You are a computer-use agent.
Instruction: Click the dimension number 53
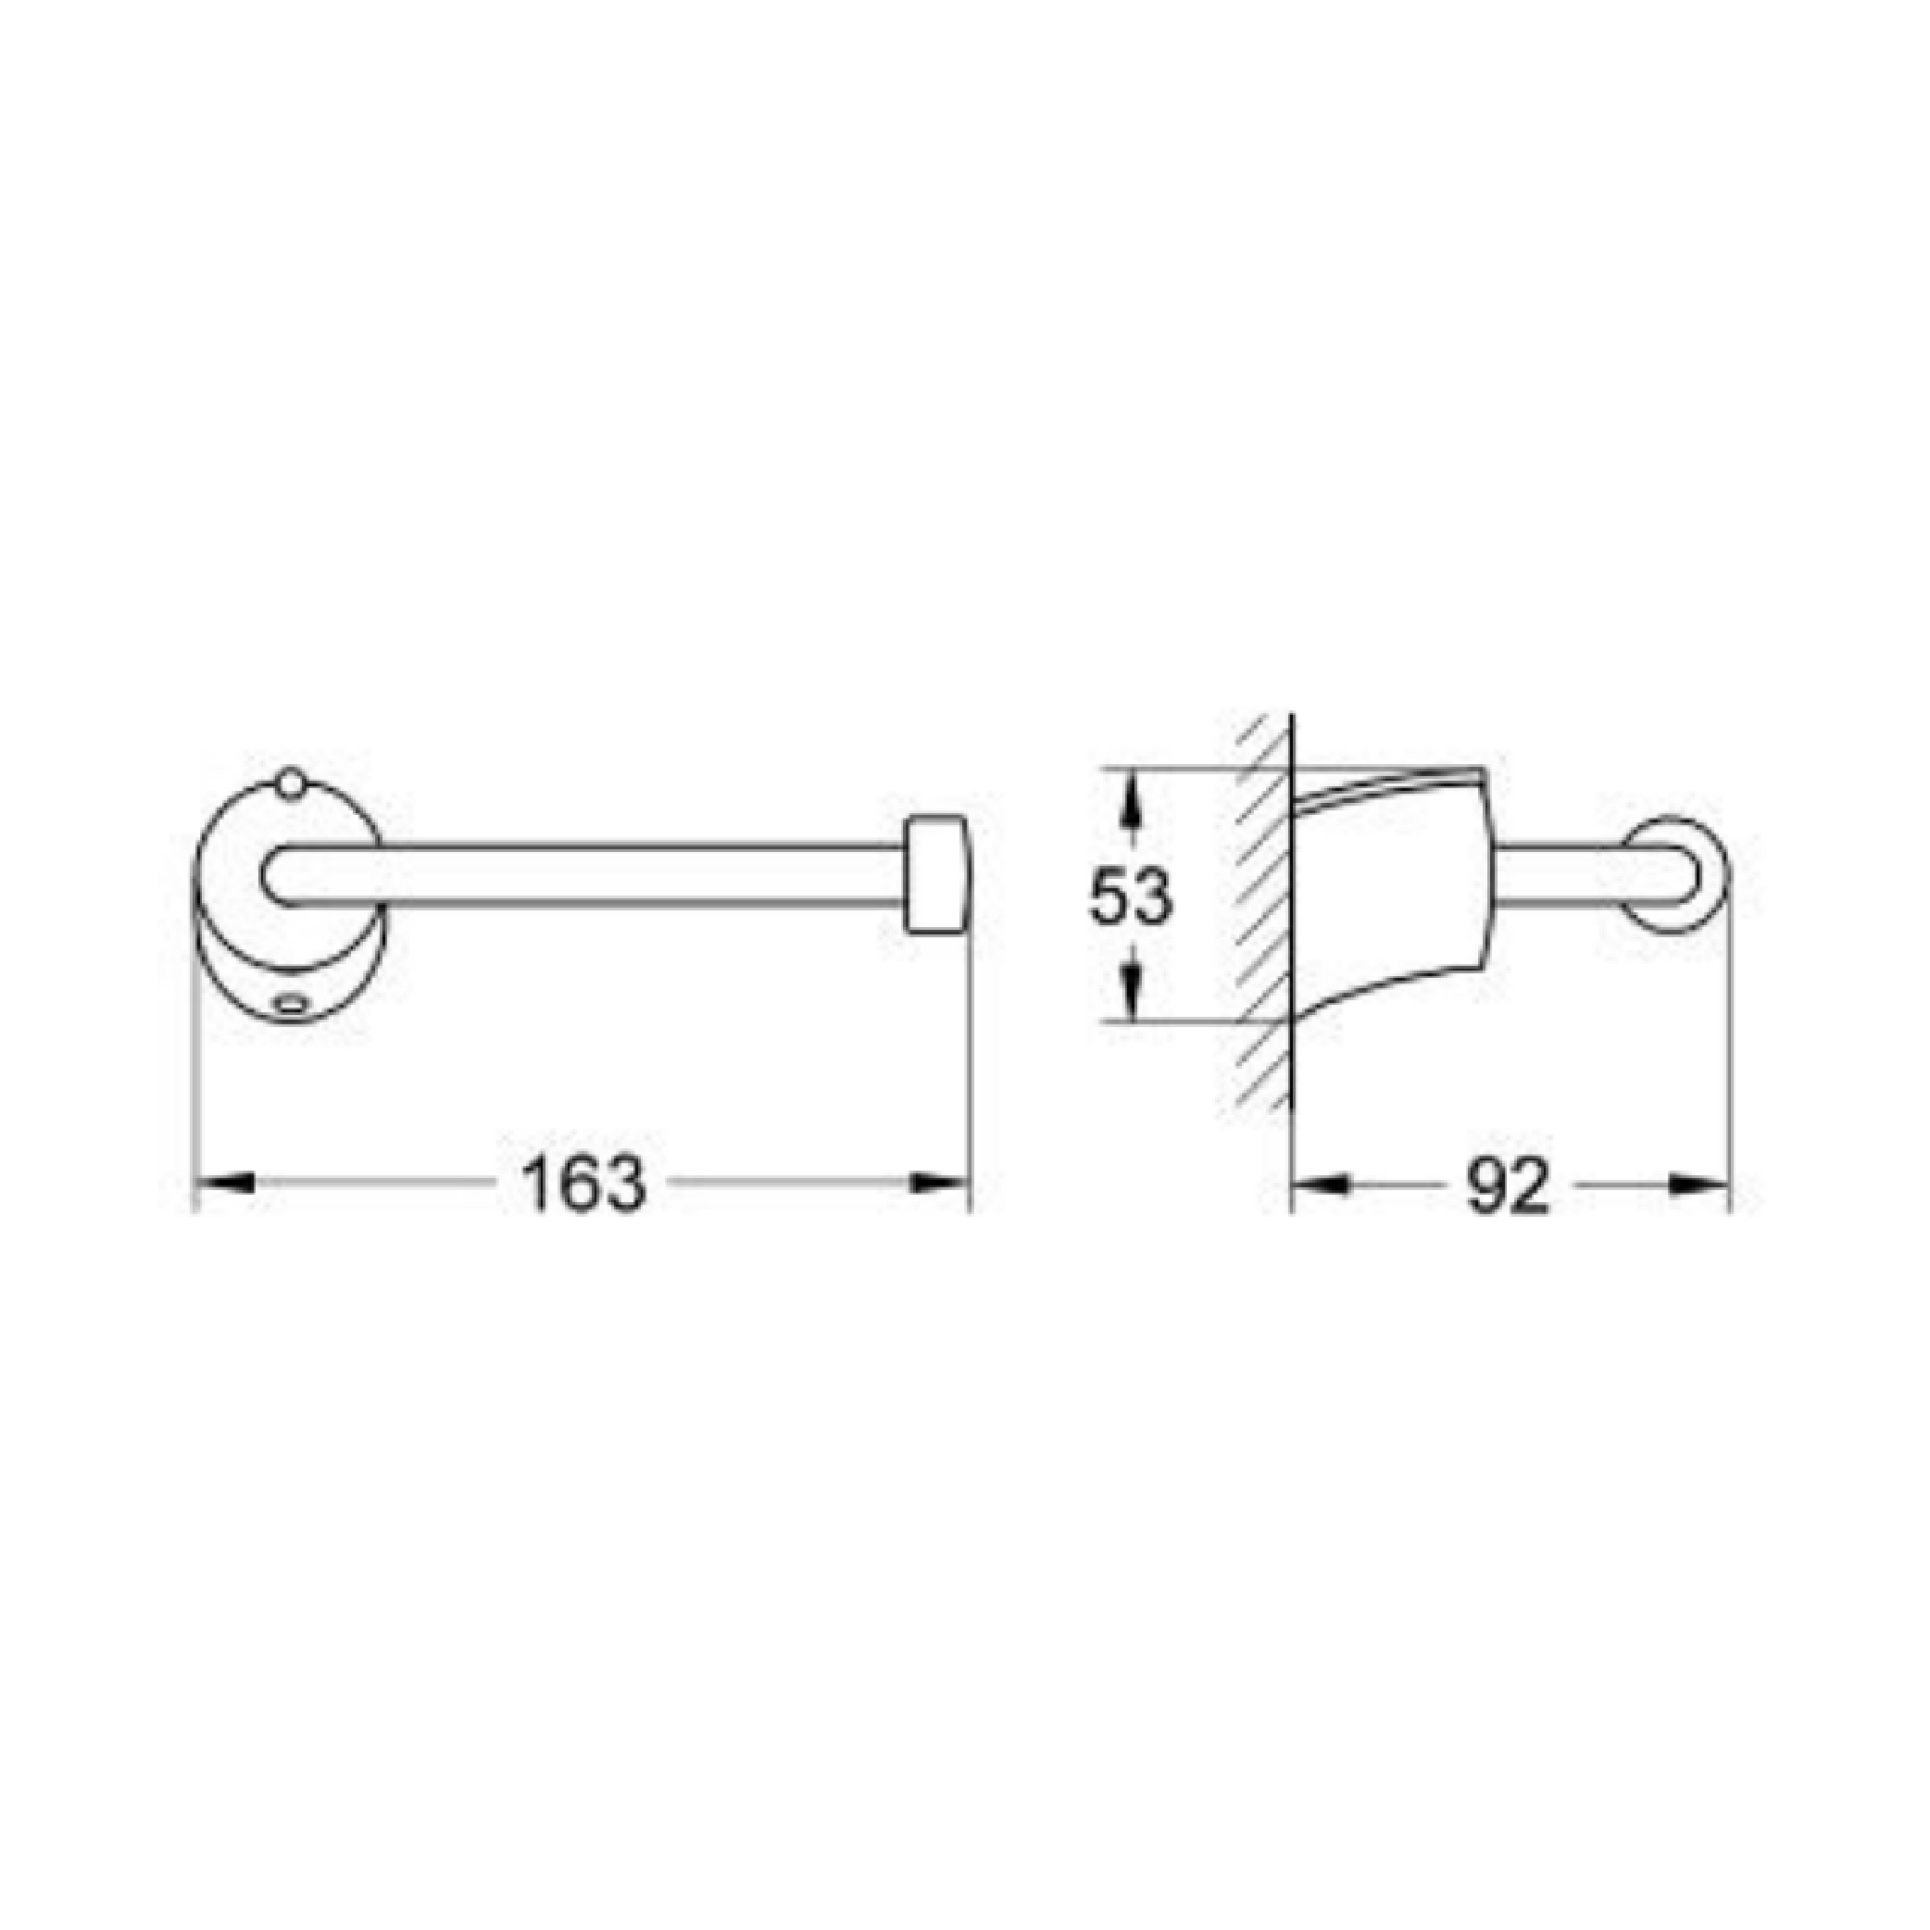pos(1130,896)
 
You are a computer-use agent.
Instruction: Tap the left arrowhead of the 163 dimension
pos(221,1183)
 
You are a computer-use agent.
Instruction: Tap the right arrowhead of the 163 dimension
pos(940,1183)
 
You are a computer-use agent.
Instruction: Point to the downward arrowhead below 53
pos(1130,990)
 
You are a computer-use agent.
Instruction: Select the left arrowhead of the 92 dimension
pos(1321,1183)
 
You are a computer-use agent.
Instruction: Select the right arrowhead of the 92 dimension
pos(1699,1183)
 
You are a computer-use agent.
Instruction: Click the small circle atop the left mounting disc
pos(290,783)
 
